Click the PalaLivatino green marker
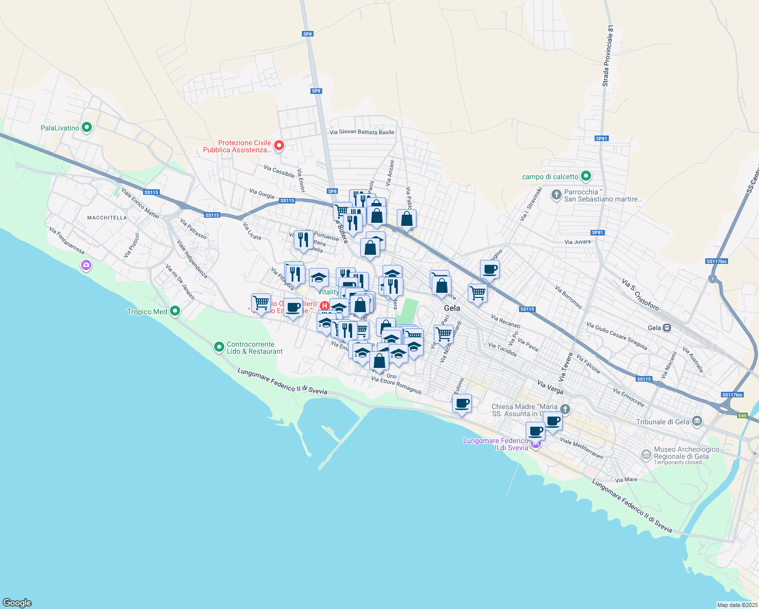pos(87,127)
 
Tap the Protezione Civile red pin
pos(279,146)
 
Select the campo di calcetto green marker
pos(586,176)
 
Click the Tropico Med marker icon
pos(175,311)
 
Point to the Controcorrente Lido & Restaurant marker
pos(219,347)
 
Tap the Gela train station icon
pos(667,328)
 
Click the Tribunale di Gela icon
pos(697,421)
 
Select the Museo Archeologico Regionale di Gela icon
pos(646,454)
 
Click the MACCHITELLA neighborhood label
pos(107,218)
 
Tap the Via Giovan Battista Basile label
pos(362,132)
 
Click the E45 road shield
pos(743,416)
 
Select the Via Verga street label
pos(550,388)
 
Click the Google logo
pos(17,603)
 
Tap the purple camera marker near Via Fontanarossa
pos(86,264)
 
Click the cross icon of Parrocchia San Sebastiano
pos(556,194)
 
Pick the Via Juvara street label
pos(577,242)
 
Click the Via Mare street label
pos(626,480)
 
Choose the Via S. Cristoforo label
pos(640,294)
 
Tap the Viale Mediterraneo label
pos(581,448)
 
